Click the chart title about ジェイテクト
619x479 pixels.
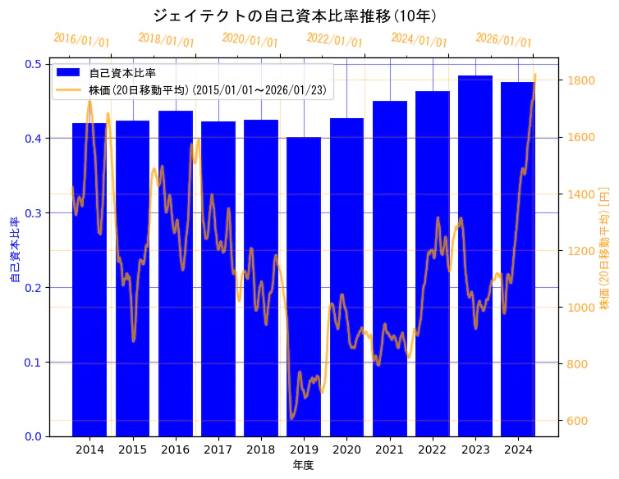pyautogui.click(x=295, y=16)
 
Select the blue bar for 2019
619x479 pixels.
pyautogui.click(x=304, y=287)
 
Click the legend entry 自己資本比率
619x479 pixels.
pyautogui.click(x=122, y=72)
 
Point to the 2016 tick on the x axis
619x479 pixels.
pyautogui.click(x=176, y=449)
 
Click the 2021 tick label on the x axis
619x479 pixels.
pyautogui.click(x=390, y=449)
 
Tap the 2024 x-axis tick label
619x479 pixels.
pyautogui.click(x=518, y=449)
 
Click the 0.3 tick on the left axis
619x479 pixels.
pyautogui.click(x=34, y=213)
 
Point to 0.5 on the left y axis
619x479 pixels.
pyautogui.click(x=34, y=64)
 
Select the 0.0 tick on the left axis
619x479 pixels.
pyautogui.click(x=34, y=436)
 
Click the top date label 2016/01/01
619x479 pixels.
pyautogui.click(x=81, y=40)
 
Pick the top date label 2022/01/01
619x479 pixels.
pyautogui.click(x=334, y=40)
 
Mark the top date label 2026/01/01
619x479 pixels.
pyautogui.click(x=503, y=40)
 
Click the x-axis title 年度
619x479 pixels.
pyautogui.click(x=303, y=465)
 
